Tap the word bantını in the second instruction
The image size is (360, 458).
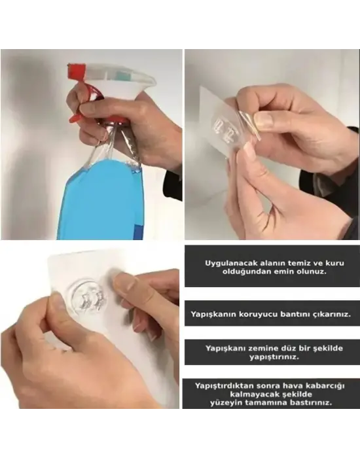pyautogui.click(x=290, y=314)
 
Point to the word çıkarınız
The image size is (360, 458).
pyautogui.click(x=330, y=314)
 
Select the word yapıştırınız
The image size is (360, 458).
pyautogui.click(x=271, y=358)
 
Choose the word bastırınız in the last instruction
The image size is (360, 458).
pyautogui.click(x=309, y=404)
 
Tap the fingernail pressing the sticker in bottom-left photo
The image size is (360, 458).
pyautogui.click(x=124, y=283)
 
